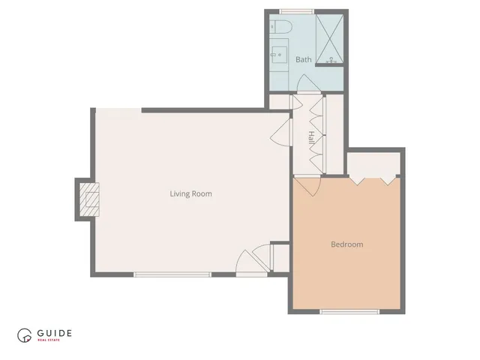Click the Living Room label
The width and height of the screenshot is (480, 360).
tap(190, 193)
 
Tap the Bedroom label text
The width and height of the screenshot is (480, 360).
tap(347, 244)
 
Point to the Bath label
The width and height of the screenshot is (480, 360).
tap(303, 59)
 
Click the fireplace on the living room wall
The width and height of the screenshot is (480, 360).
tap(87, 199)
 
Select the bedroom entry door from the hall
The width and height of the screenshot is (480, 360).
tap(307, 184)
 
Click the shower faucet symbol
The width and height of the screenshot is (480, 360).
tap(331, 58)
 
